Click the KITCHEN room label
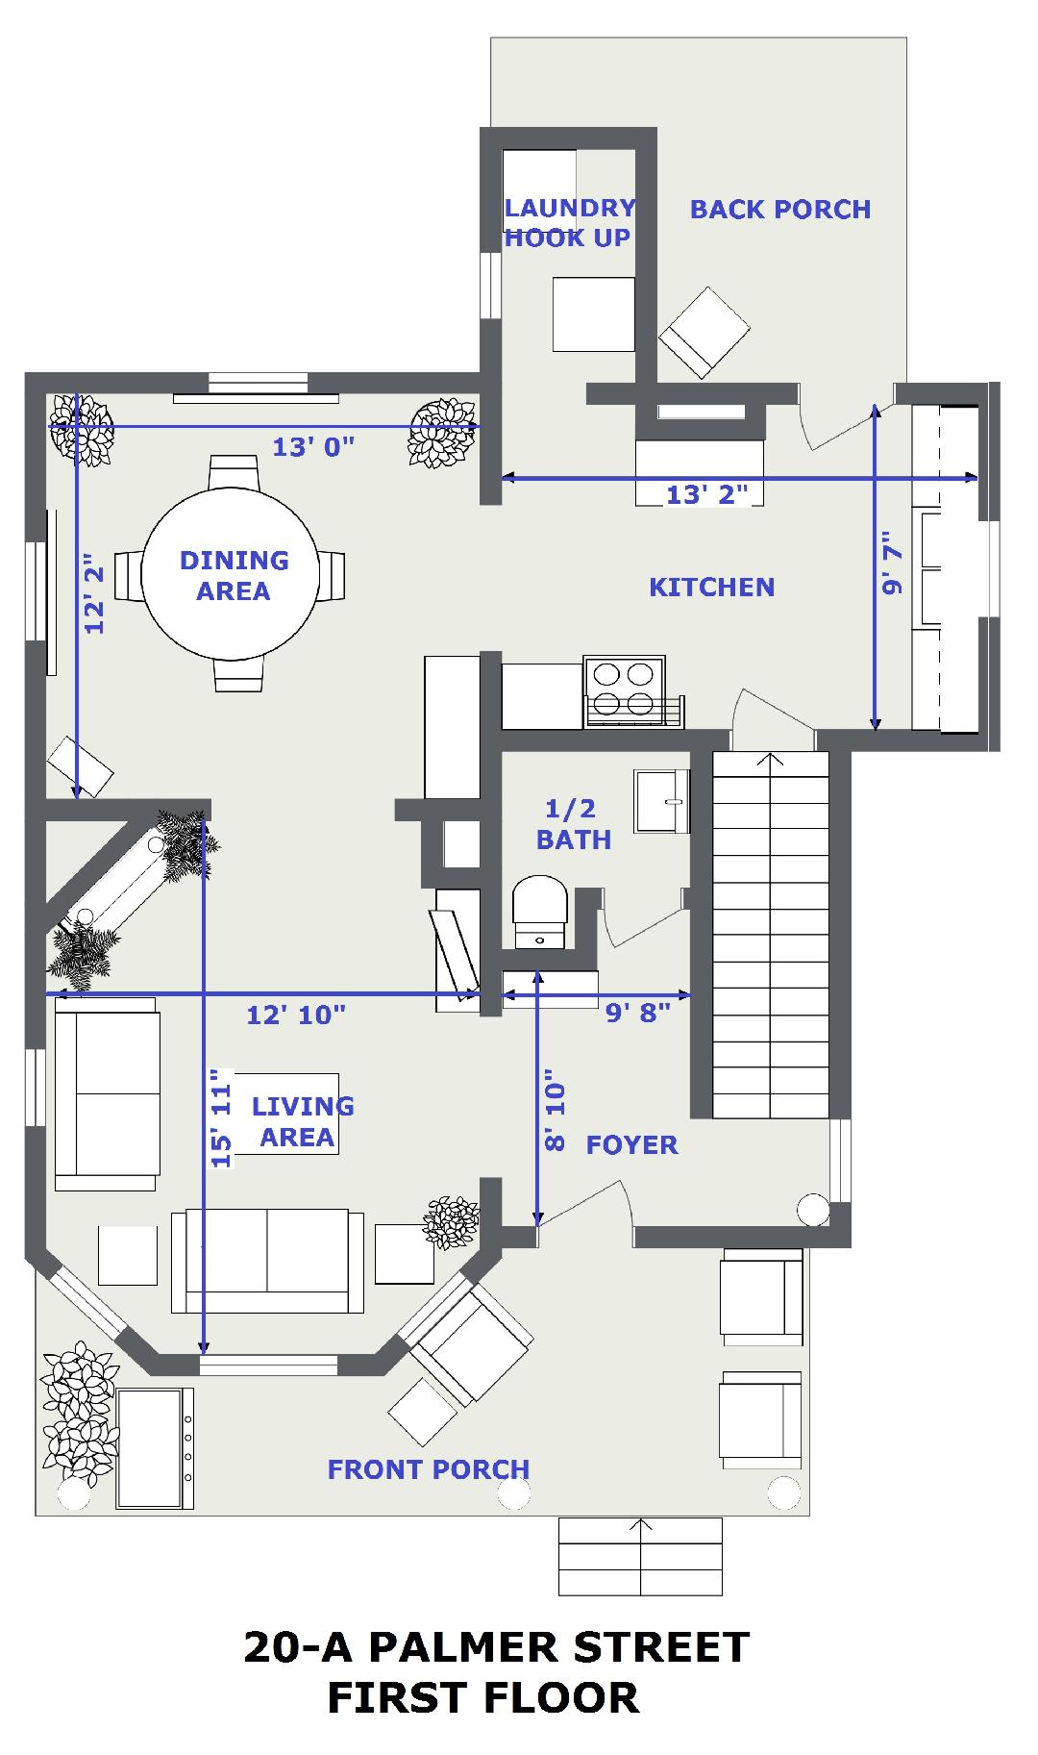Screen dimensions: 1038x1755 (711, 587)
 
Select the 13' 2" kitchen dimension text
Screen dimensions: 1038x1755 (707, 494)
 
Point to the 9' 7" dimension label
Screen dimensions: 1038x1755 (893, 564)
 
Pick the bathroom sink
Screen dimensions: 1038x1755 (661, 800)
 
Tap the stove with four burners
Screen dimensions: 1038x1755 (625, 690)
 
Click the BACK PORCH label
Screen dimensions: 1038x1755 (780, 209)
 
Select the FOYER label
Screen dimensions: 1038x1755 (632, 1144)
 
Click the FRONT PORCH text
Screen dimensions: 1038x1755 (429, 1469)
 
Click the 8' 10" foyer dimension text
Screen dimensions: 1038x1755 (555, 1111)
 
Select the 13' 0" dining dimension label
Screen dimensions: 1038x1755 (314, 446)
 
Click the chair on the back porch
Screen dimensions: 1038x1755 (704, 332)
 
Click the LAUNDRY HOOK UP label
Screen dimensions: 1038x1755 (569, 223)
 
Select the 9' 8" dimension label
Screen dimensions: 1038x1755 (637, 1013)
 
